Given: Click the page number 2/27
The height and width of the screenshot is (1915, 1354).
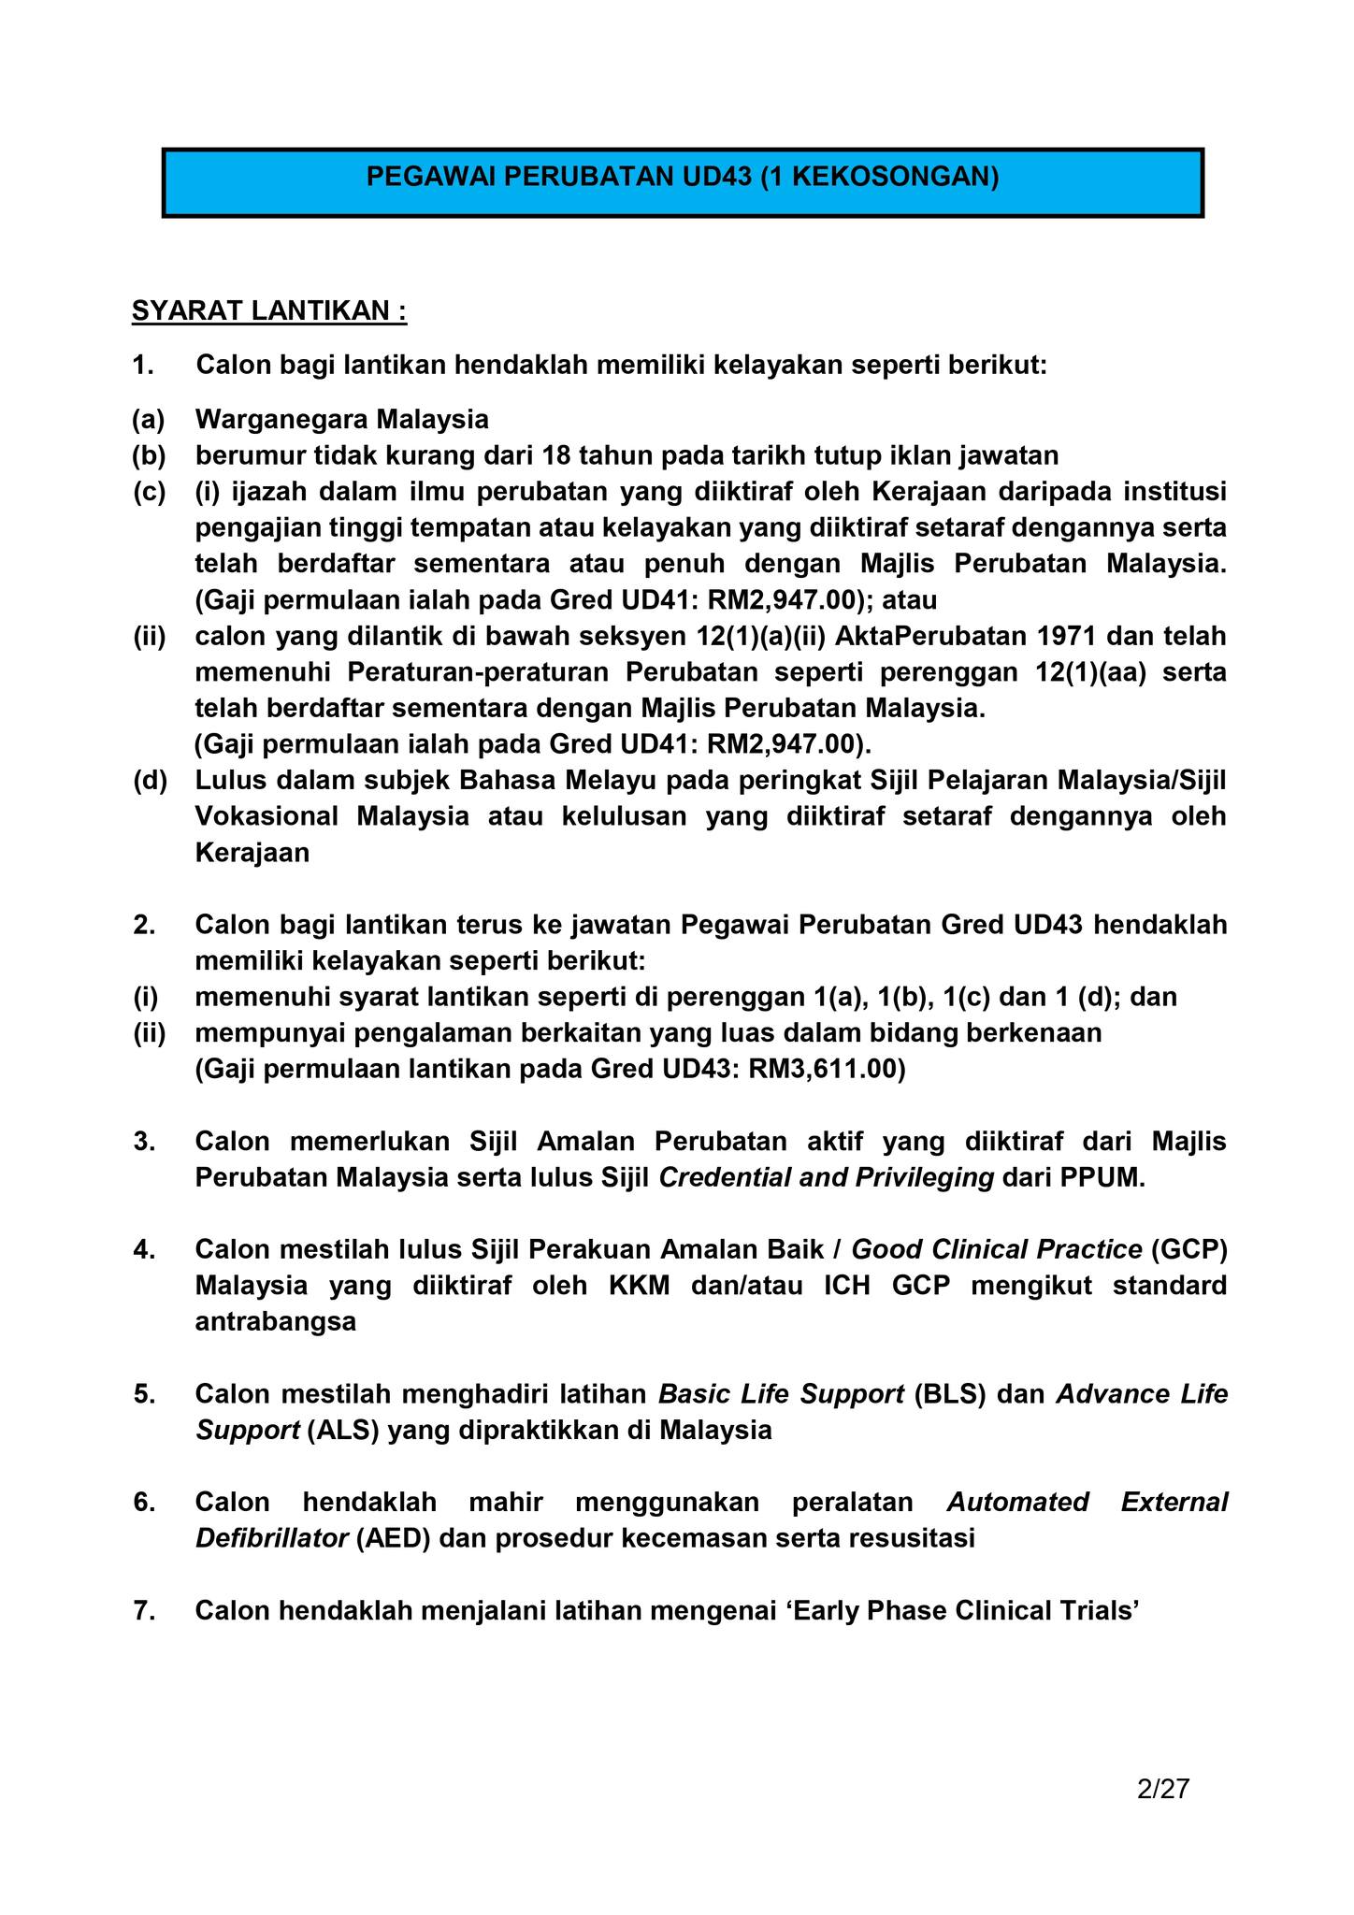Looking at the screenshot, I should (1162, 1789).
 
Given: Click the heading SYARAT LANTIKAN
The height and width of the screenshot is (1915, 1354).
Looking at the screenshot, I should (269, 310).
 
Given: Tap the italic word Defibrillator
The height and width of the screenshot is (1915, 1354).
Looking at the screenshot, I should (271, 1538).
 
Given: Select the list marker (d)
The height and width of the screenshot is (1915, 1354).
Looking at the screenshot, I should (149, 780).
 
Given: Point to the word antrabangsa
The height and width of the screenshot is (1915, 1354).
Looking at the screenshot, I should (276, 1322).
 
